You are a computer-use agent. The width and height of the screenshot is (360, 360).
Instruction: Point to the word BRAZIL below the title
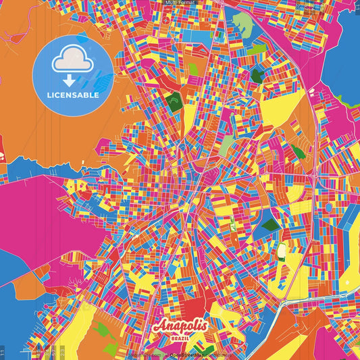[180, 336]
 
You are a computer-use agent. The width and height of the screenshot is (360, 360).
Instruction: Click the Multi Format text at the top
[180, 3]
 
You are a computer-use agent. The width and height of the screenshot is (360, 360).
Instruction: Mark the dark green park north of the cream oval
[270, 225]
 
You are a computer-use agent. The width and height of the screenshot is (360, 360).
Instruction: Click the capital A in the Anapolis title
[159, 326]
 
